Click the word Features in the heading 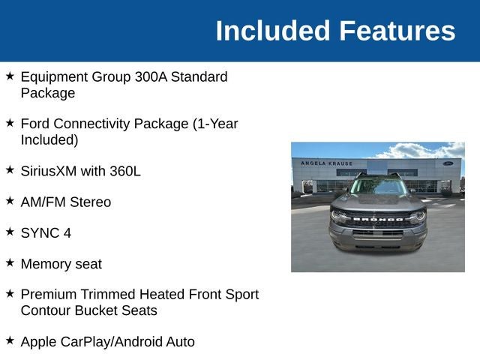397,31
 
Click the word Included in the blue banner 273,31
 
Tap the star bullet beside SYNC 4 10,232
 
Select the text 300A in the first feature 151,76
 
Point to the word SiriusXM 49,171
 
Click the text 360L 125,171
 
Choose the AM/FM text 43,202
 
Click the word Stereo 90,202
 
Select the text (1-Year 215,124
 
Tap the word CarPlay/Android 112,342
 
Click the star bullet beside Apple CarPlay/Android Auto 10,340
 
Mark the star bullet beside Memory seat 10,262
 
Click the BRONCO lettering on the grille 378,219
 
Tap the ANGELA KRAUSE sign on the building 327,163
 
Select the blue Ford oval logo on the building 448,163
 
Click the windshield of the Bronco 378,186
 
